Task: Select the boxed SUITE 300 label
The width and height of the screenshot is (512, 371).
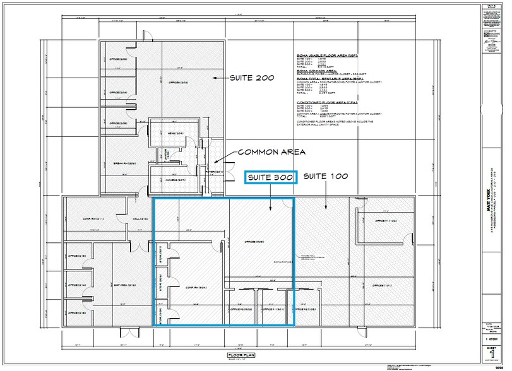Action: pos(270,179)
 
